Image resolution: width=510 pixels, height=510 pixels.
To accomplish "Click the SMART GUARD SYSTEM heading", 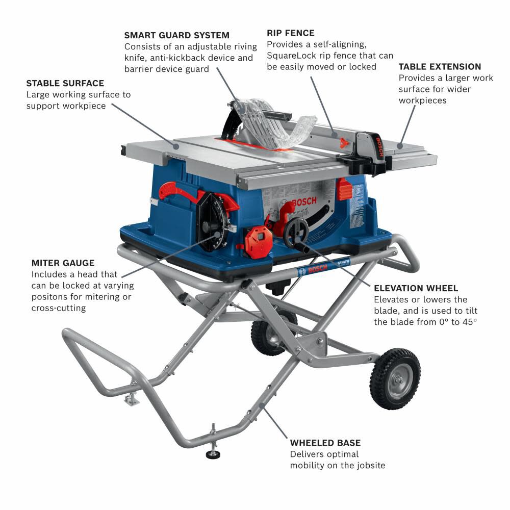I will click(176, 35).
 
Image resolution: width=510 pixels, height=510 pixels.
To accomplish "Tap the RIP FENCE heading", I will click(290, 33).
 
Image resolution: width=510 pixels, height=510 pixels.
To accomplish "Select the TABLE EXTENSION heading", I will click(440, 66).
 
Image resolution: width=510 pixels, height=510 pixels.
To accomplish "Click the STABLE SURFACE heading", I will click(65, 83).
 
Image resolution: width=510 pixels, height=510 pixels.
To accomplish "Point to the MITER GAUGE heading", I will click(63, 263).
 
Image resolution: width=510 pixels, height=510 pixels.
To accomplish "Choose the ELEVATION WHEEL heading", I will click(416, 288).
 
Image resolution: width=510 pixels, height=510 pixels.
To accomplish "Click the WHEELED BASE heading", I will click(325, 443).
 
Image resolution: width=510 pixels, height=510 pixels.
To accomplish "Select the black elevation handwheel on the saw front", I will click(296, 232).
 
